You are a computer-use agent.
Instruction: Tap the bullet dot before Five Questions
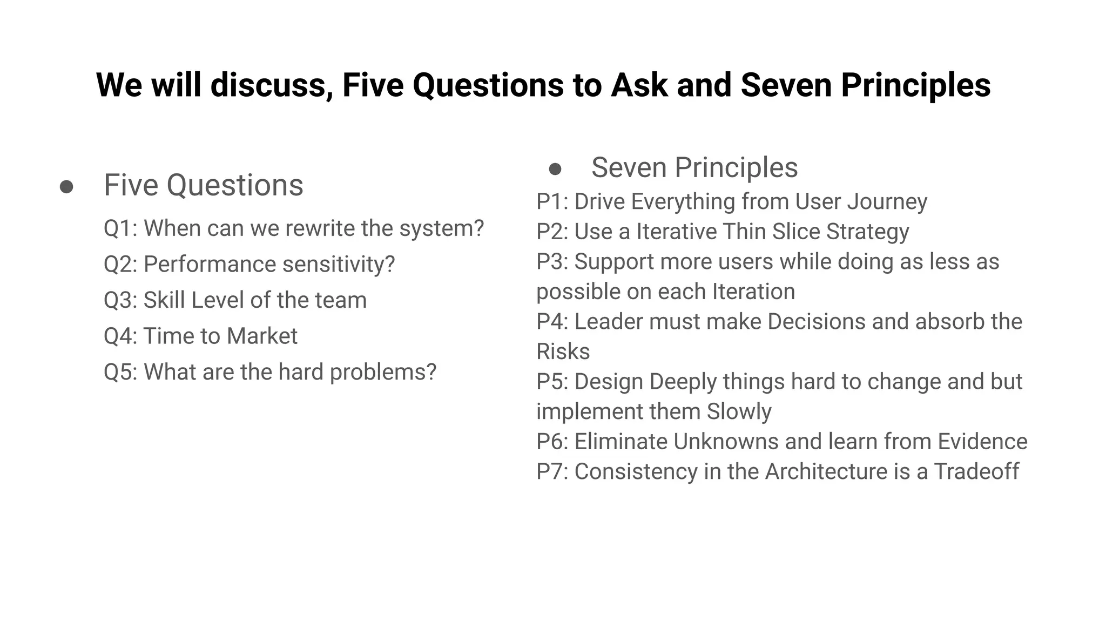coord(66,187)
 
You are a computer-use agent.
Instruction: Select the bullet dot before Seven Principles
coord(555,169)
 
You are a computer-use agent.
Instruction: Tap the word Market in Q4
coord(262,336)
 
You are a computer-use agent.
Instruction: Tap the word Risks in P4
coord(563,351)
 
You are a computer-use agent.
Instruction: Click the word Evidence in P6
coord(982,442)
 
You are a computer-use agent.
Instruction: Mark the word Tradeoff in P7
coord(976,471)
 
